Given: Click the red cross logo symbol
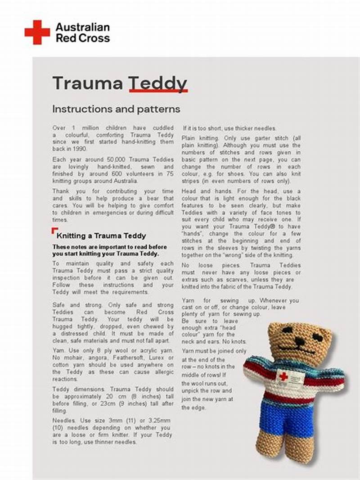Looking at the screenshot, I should (37, 32).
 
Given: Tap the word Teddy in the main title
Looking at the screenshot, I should (157, 84).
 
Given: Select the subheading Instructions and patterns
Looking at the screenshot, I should (116, 109).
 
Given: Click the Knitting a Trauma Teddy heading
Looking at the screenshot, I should (101, 235).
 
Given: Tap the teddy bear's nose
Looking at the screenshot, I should (299, 341).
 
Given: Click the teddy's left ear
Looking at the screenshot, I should (275, 329).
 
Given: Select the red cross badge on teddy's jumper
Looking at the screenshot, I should (283, 376).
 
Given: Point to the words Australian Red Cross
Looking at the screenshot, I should (82, 32).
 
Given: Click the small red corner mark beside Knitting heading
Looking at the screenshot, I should (54, 231).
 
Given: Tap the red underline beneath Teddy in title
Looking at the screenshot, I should (157, 91).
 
